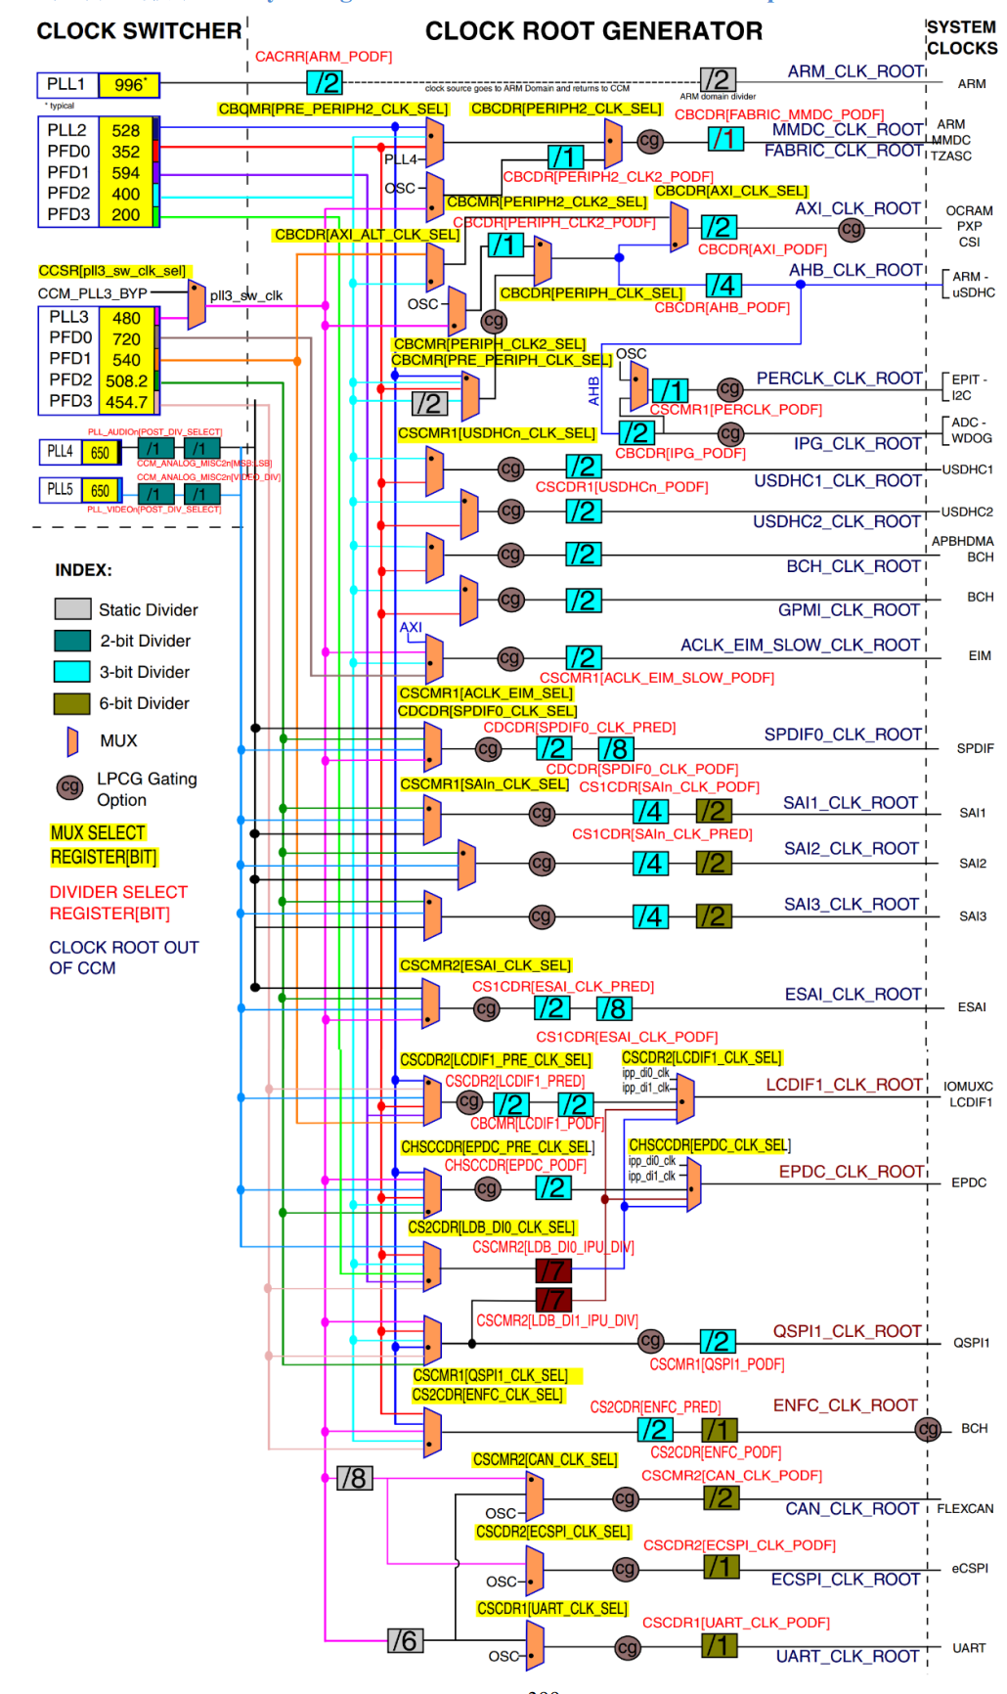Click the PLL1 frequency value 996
(x=129, y=85)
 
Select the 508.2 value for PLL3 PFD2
(x=126, y=380)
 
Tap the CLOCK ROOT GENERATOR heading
(x=593, y=31)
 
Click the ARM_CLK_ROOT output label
(x=855, y=71)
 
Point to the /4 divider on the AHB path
(x=722, y=285)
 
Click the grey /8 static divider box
(x=354, y=1478)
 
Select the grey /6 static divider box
(x=405, y=1640)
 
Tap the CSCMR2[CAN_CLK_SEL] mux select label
(x=545, y=1459)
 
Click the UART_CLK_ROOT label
(x=848, y=1656)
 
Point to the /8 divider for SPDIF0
(x=615, y=748)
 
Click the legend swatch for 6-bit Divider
(x=72, y=703)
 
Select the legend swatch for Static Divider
(x=72, y=609)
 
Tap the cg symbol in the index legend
(x=69, y=786)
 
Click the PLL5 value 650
(x=100, y=490)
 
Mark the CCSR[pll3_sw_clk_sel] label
(x=112, y=271)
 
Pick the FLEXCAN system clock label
(x=965, y=1508)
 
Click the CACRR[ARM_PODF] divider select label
(x=324, y=57)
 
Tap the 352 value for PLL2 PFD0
(x=125, y=152)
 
